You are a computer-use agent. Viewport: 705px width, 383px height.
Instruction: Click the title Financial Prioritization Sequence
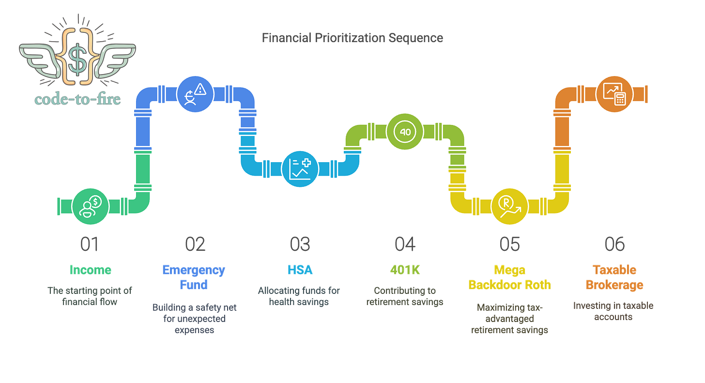[x=352, y=38]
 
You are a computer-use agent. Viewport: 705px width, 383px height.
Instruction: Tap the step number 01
[x=90, y=244]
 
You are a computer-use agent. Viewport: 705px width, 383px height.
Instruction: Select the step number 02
[x=195, y=244]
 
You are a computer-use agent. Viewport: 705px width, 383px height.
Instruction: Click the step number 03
[x=300, y=244]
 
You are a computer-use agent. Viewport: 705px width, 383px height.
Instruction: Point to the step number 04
[x=405, y=244]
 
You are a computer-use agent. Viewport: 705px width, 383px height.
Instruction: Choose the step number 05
[x=510, y=244]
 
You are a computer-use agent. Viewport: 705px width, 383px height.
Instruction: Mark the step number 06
[x=614, y=244]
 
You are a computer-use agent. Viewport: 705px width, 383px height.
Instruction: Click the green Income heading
[x=90, y=270]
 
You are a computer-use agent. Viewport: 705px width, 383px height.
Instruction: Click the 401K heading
[x=405, y=270]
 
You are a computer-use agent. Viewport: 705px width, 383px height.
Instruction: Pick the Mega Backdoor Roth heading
[x=510, y=277]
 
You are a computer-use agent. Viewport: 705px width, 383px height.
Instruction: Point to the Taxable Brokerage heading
[x=614, y=277]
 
